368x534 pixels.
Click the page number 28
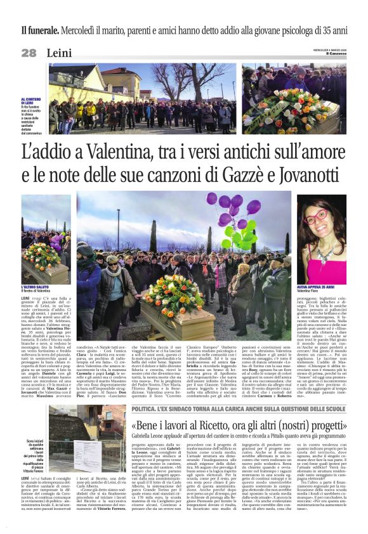tap(29, 53)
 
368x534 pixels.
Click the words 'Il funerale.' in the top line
tap(43, 30)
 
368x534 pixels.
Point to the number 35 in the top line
tap(324, 30)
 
